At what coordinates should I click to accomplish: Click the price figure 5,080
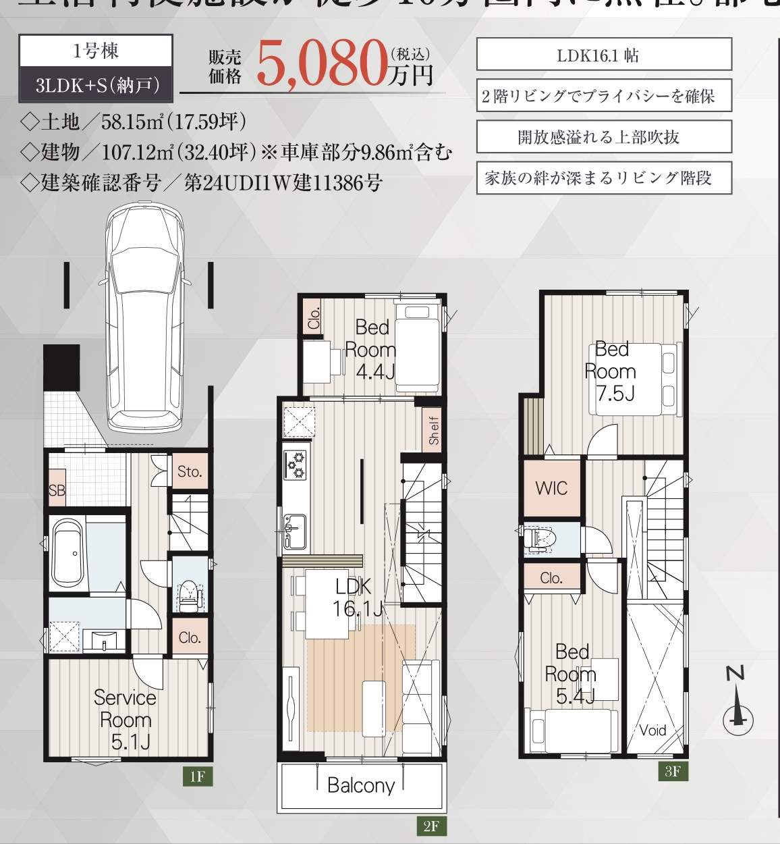point(321,65)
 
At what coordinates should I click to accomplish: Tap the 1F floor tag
point(197,776)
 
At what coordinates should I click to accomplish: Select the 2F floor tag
point(431,826)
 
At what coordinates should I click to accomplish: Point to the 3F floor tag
point(673,771)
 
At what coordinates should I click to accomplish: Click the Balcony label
point(360,785)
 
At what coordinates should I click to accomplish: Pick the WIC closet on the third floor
point(551,488)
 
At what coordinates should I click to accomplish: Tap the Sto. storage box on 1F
point(190,471)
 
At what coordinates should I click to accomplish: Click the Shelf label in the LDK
point(433,430)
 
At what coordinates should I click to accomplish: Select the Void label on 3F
point(652,730)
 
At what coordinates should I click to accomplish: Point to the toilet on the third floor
point(540,538)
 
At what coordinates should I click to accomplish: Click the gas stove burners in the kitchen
point(295,465)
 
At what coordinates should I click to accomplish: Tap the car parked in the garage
point(144,317)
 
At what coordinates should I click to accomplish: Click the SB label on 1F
point(57,490)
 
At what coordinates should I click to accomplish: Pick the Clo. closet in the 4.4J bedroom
point(314,316)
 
